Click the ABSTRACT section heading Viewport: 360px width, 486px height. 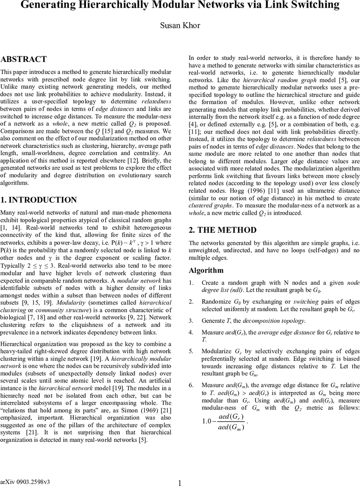tap(24, 59)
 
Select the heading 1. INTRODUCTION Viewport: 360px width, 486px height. tap(39, 200)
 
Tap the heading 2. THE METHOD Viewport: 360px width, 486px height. tap(223, 230)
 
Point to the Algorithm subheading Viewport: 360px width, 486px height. tap(206, 270)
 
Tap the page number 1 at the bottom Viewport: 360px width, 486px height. tap(180, 483)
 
